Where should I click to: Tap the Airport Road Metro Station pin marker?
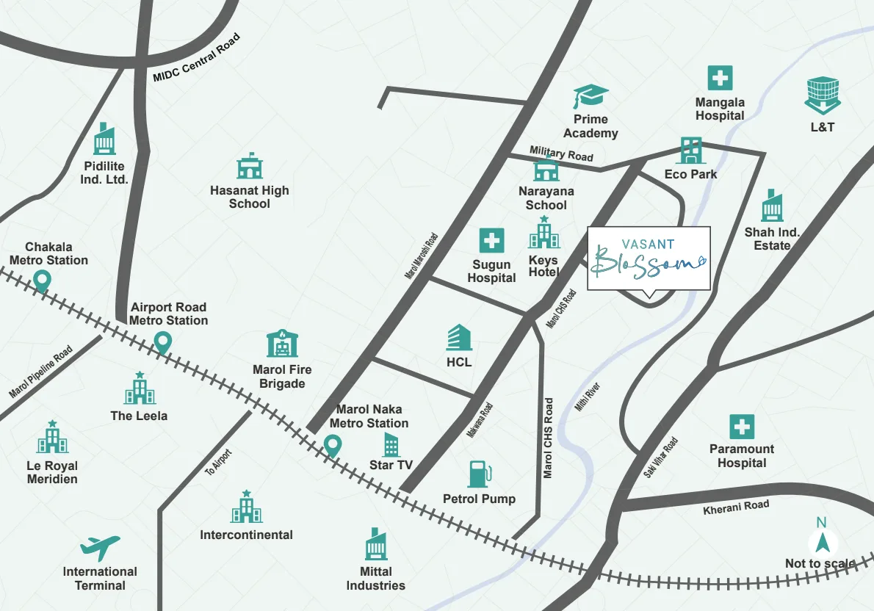coord(162,341)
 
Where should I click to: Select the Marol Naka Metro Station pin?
coord(333,445)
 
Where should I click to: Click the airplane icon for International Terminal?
coord(100,547)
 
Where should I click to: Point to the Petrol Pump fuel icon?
coord(479,474)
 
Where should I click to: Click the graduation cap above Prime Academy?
coord(591,96)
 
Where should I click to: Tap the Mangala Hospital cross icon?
coord(720,78)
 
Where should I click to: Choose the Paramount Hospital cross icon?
coord(742,427)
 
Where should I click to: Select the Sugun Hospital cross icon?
coord(491,241)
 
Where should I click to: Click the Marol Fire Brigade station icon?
coord(282,344)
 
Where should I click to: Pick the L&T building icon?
coord(822,95)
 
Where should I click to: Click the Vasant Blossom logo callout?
coord(649,258)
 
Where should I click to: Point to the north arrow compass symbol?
coord(822,543)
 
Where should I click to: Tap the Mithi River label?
coord(588,396)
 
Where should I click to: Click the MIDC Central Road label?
coord(196,58)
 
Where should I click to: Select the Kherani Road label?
coord(736,507)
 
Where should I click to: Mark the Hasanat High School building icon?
coord(250,167)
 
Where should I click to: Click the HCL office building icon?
coord(459,338)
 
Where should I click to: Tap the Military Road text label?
coord(561,153)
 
